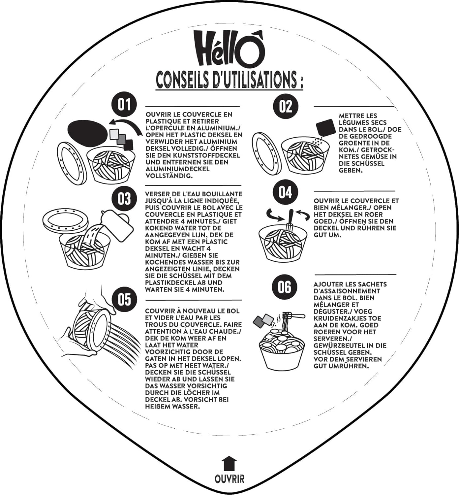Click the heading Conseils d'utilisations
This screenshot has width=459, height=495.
point(229,80)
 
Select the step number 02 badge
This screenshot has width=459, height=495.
point(285,106)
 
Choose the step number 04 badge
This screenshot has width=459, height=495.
point(285,192)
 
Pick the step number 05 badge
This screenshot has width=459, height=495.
point(124,299)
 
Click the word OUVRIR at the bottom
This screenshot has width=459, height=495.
point(229,478)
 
